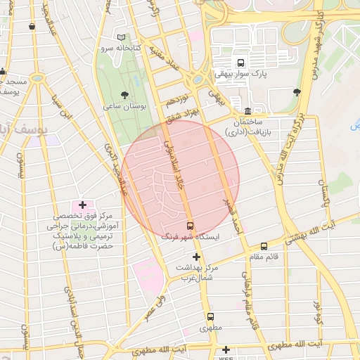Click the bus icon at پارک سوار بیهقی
[241, 63]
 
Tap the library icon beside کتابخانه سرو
[122, 37]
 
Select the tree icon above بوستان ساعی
[124, 94]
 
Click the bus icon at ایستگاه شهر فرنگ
[190, 226]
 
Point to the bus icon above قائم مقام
[264, 246]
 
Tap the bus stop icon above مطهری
[210, 316]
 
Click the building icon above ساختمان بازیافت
[247, 111]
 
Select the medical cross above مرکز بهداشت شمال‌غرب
[196, 257]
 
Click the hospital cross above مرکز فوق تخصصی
[83, 205]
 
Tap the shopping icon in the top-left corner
[32, 27]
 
